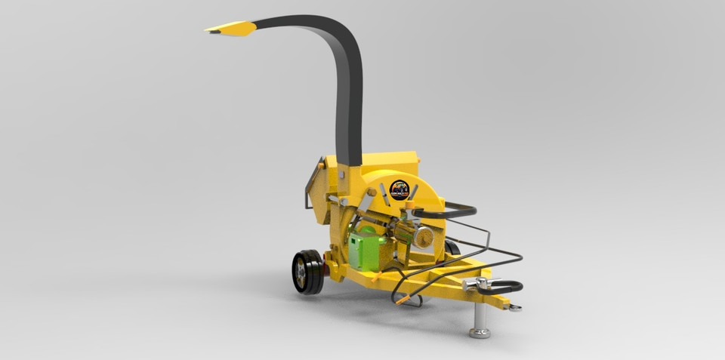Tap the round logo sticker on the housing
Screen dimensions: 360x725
click(x=399, y=190)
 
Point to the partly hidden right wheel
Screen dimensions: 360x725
click(x=452, y=248)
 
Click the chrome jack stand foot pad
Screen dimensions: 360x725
click(x=480, y=332)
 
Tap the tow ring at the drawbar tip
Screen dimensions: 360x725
click(x=515, y=307)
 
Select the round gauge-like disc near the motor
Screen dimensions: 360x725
click(x=424, y=237)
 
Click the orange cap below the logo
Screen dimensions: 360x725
click(x=409, y=205)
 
